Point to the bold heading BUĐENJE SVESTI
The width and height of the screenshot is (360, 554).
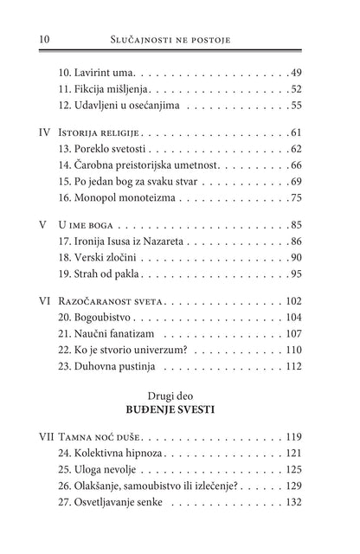pos(180,420)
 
